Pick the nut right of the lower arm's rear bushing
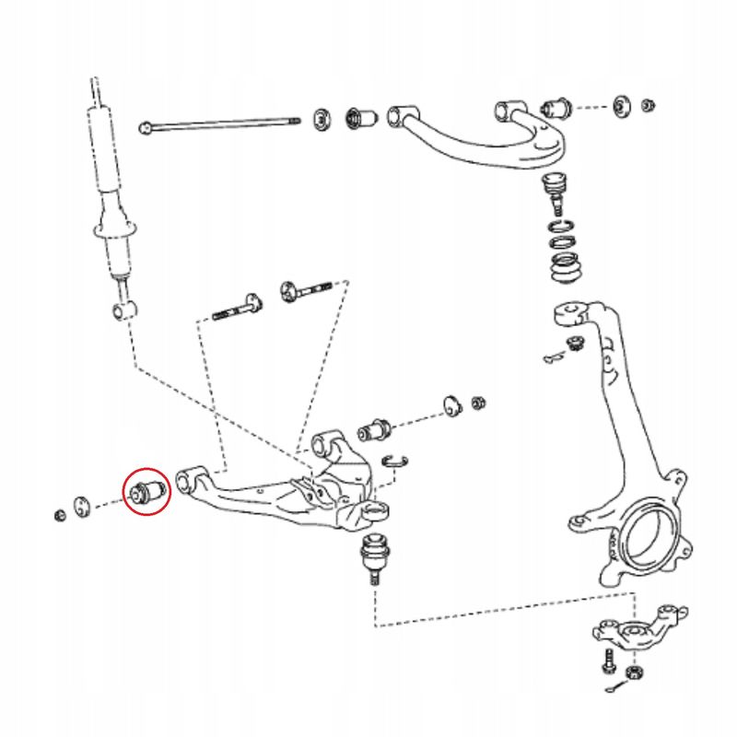[478, 403]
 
